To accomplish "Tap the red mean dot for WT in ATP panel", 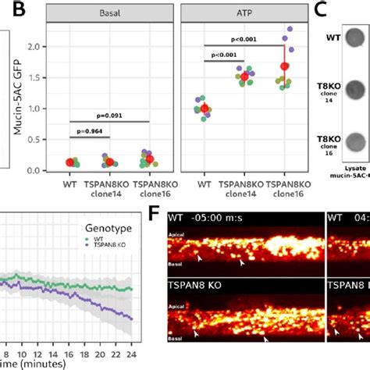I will [204, 109].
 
